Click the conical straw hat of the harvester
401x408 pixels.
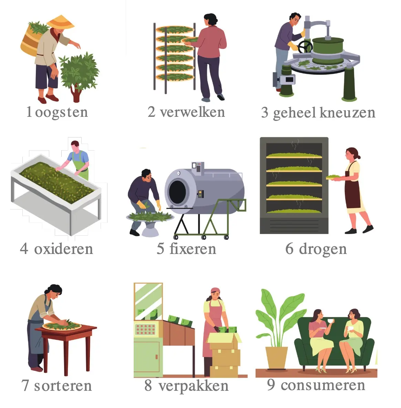point(61,22)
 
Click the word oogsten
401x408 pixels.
point(61,112)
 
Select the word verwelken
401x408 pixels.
point(193,112)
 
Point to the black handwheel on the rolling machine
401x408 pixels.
point(305,47)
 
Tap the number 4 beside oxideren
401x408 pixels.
point(24,248)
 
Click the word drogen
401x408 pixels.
point(323,249)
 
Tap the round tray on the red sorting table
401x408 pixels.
point(62,326)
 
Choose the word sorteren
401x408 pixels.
point(63,386)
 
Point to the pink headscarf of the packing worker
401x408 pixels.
point(216,290)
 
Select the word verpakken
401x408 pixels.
point(194,386)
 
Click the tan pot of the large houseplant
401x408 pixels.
point(277,358)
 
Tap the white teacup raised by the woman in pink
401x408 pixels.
point(330,320)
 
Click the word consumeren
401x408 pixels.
point(323,385)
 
